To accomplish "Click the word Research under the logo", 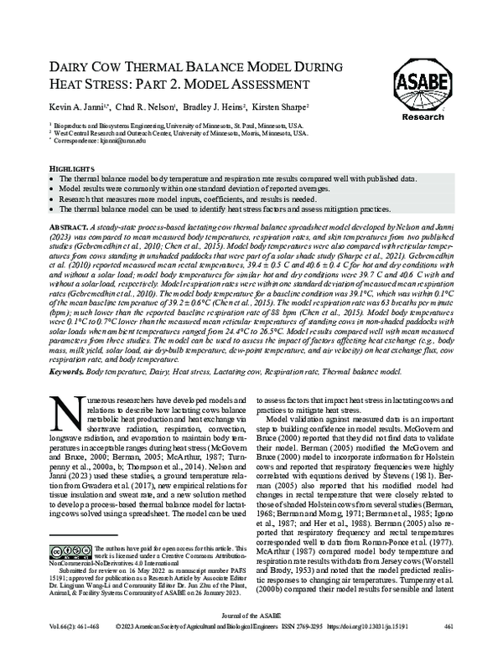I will pyautogui.click(x=423, y=117).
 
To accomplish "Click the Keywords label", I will pyautogui.click(x=70, y=369).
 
